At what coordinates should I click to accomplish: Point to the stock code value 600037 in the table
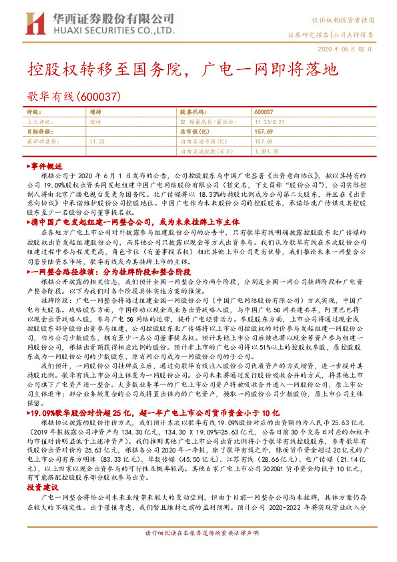(264, 112)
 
